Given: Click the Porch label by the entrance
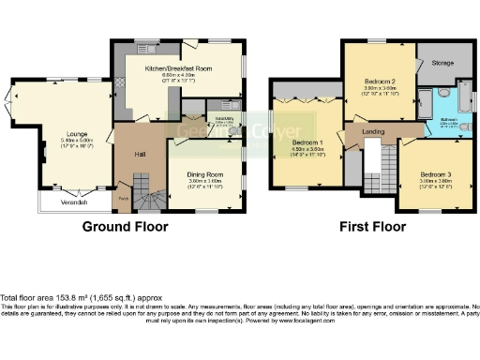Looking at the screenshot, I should click(x=123, y=199).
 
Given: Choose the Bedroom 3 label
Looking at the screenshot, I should click(x=435, y=175).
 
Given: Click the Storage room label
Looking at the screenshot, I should click(x=444, y=63).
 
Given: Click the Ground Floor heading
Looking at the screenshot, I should click(x=125, y=227).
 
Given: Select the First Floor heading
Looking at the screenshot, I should click(x=372, y=227).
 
